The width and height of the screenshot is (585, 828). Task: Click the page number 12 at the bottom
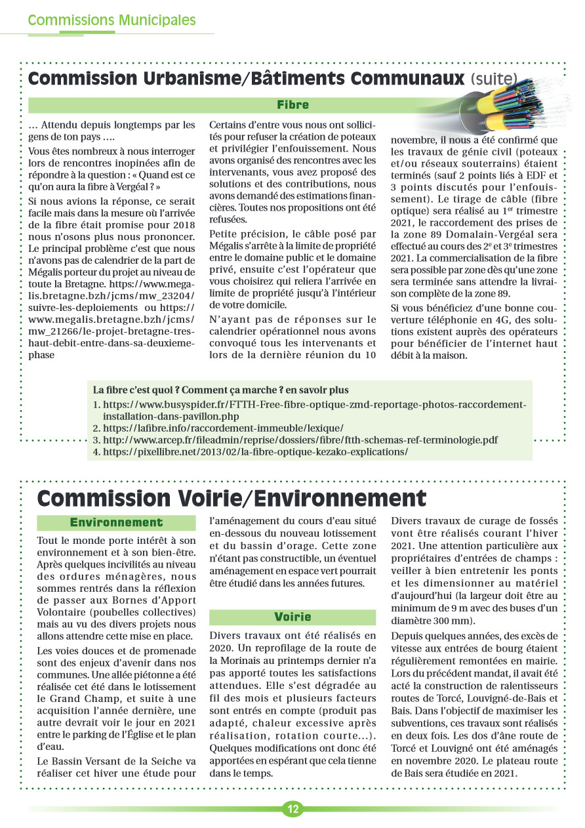(x=292, y=809)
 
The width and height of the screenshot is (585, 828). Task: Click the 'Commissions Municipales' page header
(x=111, y=20)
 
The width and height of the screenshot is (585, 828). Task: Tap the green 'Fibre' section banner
(x=292, y=104)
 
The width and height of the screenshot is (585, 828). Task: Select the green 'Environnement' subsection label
(x=116, y=523)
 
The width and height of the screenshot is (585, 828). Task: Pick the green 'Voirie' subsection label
(x=292, y=617)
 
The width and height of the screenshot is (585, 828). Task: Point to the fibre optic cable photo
(x=505, y=102)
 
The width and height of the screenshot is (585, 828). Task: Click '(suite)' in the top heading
(x=494, y=79)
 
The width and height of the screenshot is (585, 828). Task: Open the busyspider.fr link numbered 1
(x=315, y=405)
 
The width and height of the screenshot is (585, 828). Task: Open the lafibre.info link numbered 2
(x=224, y=428)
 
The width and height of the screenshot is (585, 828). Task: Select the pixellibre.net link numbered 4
(x=256, y=452)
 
